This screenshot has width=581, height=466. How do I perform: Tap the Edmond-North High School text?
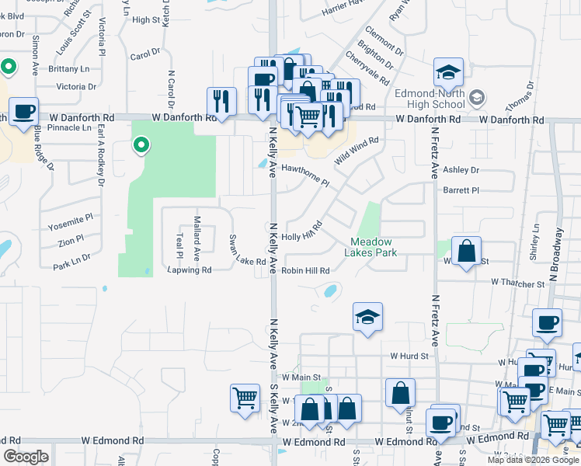(430, 98)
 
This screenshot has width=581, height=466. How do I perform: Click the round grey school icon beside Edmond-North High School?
(477, 98)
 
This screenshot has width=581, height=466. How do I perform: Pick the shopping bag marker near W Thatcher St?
(466, 252)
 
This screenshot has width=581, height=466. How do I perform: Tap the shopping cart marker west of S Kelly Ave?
(245, 398)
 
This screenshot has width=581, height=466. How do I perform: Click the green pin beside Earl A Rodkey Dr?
(141, 144)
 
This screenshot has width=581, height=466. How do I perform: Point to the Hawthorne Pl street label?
(305, 176)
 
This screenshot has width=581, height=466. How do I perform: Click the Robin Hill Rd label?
(305, 271)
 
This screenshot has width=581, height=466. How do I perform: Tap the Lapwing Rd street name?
(189, 270)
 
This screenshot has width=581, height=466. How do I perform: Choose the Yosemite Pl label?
(70, 223)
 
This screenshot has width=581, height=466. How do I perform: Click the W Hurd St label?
(410, 356)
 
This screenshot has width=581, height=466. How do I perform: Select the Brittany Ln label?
(68, 69)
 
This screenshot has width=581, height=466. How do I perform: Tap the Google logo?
(26, 457)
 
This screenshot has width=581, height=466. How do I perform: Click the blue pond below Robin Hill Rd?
(329, 293)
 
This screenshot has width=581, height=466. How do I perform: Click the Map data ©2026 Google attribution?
(532, 460)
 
